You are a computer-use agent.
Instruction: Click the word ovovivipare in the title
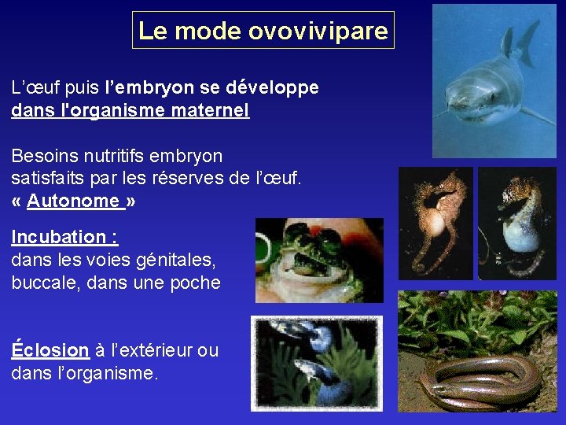click(x=318, y=31)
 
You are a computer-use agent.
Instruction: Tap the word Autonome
click(x=72, y=201)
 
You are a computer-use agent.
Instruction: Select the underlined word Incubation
click(x=60, y=237)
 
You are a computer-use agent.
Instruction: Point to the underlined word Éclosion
click(x=50, y=350)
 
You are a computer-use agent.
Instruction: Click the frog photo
click(x=319, y=261)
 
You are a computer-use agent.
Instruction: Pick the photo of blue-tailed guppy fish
click(x=316, y=362)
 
